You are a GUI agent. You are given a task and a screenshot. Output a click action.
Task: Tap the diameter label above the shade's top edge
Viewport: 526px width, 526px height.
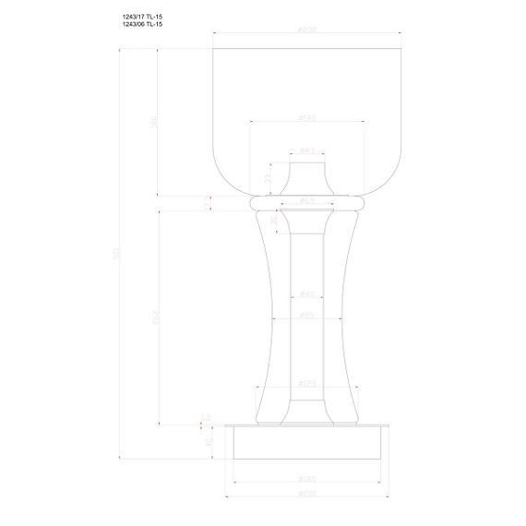[307, 30]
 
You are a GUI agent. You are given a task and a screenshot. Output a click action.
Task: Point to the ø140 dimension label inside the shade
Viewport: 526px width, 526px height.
[307, 118]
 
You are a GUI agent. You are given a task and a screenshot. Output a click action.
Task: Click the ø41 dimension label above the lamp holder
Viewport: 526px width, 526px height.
[307, 150]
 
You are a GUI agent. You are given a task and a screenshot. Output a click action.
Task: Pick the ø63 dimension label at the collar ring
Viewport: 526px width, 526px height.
[307, 200]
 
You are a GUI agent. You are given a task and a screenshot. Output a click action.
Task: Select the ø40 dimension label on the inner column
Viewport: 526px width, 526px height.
[307, 294]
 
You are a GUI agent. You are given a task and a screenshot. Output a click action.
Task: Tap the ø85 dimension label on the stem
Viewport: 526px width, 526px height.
[307, 316]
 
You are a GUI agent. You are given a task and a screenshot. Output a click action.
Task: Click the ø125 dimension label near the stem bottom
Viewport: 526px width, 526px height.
[307, 383]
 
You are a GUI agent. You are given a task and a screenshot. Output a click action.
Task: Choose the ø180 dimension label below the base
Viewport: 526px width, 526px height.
[307, 479]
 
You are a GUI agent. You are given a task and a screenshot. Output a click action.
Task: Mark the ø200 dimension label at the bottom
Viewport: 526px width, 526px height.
[307, 496]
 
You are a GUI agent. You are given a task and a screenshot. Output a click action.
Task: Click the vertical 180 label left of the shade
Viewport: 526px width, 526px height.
[155, 120]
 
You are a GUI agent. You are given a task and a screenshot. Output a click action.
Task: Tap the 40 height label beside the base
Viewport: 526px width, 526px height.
[209, 441]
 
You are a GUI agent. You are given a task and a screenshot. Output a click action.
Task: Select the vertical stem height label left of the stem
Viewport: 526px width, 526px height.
[155, 316]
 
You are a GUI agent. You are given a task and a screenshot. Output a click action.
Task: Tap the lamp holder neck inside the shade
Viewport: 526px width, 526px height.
[307, 177]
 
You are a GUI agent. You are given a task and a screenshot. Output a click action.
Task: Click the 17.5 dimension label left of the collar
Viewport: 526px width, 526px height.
[208, 202]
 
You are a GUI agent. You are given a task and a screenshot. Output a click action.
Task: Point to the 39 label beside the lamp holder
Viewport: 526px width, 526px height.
[268, 179]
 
